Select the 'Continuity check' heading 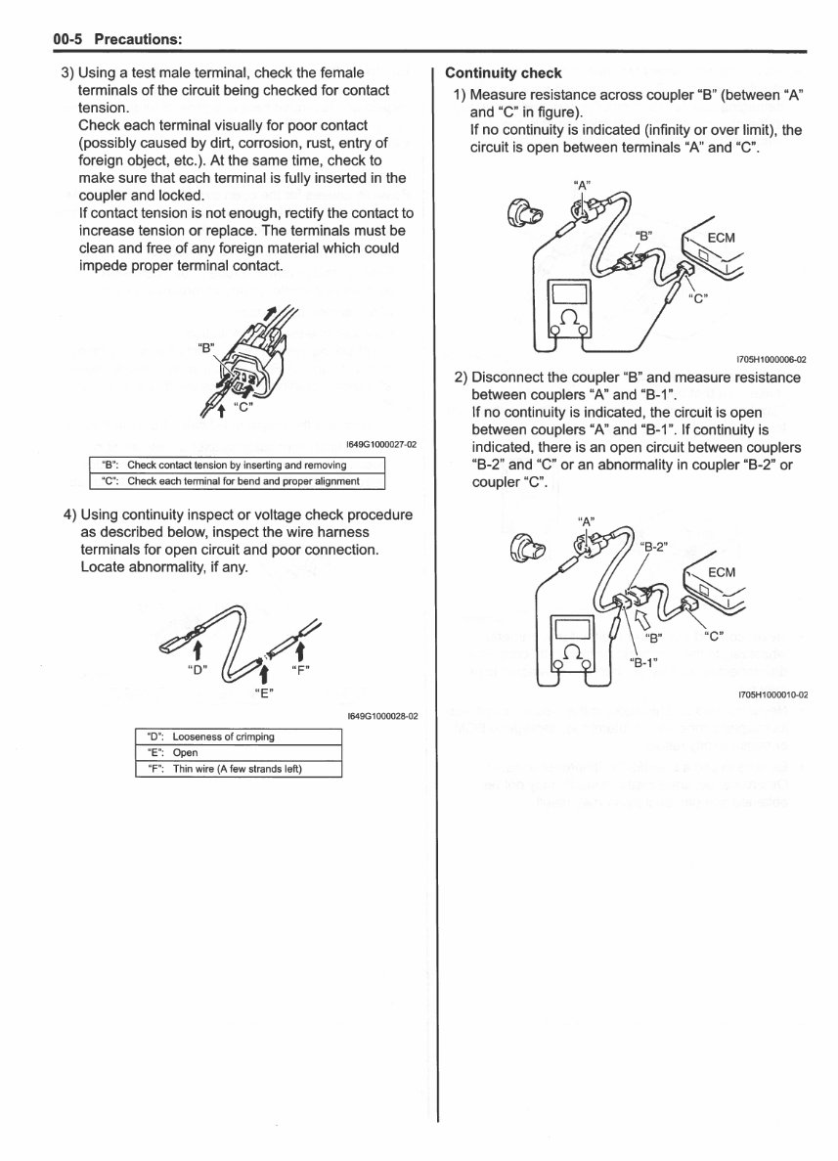pyautogui.click(x=503, y=72)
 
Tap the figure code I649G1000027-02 pyautogui.click(x=381, y=444)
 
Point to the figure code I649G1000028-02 pyautogui.click(x=381, y=715)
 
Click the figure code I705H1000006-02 pyautogui.click(x=772, y=359)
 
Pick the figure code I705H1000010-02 pyautogui.click(x=772, y=695)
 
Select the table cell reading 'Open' pyautogui.click(x=185, y=752)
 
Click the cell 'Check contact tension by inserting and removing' pyautogui.click(x=236, y=465)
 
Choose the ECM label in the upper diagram pyautogui.click(x=721, y=238)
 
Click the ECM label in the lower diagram pyautogui.click(x=721, y=572)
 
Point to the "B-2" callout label pyautogui.click(x=652, y=548)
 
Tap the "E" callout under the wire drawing pyautogui.click(x=263, y=692)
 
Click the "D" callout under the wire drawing pyautogui.click(x=198, y=671)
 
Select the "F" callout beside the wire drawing pyautogui.click(x=301, y=671)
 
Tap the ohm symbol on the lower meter pyautogui.click(x=568, y=652)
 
